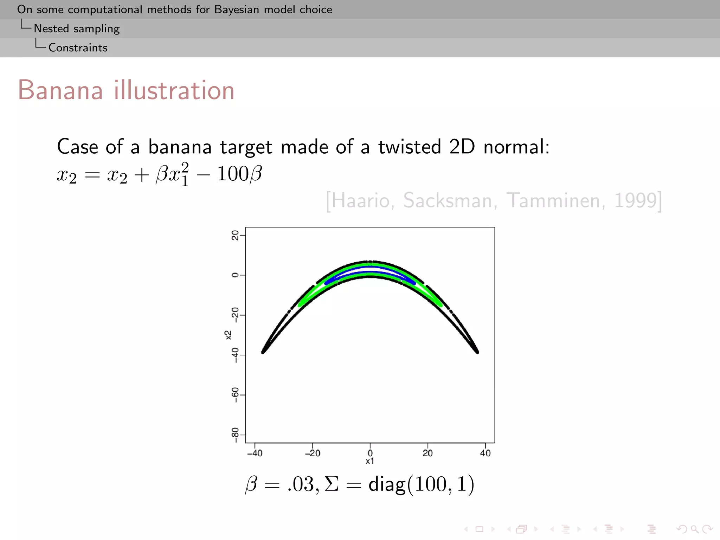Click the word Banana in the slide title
pos(60,90)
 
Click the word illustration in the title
pos(174,90)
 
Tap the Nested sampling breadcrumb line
pos(77,28)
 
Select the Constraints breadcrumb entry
pos(78,47)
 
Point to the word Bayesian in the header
pos(237,9)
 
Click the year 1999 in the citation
pos(636,200)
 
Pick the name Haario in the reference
pos(362,200)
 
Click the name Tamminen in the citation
pos(555,200)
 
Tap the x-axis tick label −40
pos(255,453)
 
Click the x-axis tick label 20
pos(427,453)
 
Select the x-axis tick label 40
pos(485,453)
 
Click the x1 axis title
pos(370,461)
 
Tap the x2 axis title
pos(229,335)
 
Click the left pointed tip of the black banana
pos(263,352)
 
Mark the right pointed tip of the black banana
pos(477,352)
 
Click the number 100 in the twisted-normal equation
pos(233,174)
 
